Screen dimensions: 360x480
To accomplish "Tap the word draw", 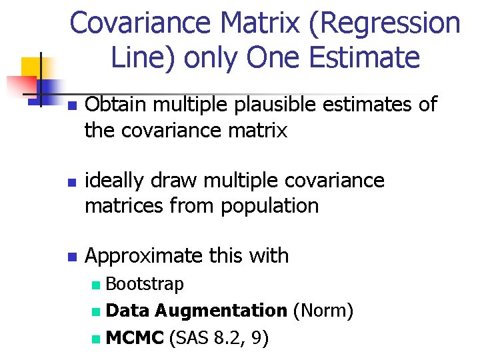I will coord(179,181).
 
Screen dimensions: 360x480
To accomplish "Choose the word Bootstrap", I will coord(145,285).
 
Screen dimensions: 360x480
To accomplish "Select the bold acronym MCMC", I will coord(135,338).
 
